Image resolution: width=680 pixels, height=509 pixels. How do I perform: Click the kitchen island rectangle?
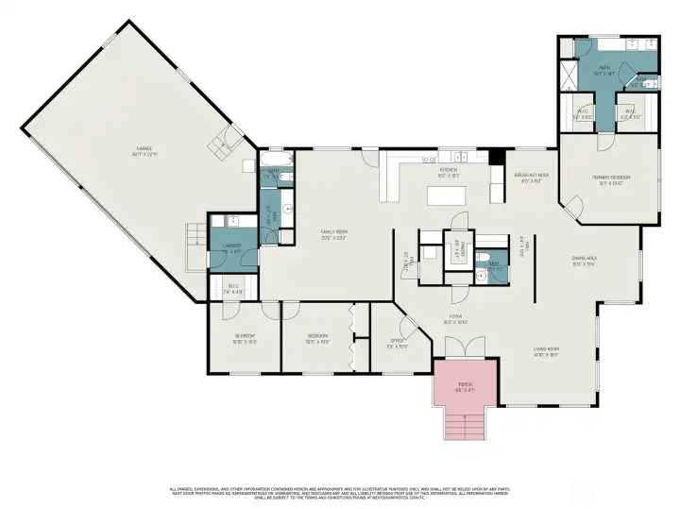coord(449,195)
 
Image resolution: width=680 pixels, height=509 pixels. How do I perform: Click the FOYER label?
coord(456,319)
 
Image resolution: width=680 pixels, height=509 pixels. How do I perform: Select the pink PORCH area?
coord(465,386)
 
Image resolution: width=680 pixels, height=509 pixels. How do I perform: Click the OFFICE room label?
coord(398,343)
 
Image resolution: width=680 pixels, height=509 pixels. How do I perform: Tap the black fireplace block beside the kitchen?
coord(496,158)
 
